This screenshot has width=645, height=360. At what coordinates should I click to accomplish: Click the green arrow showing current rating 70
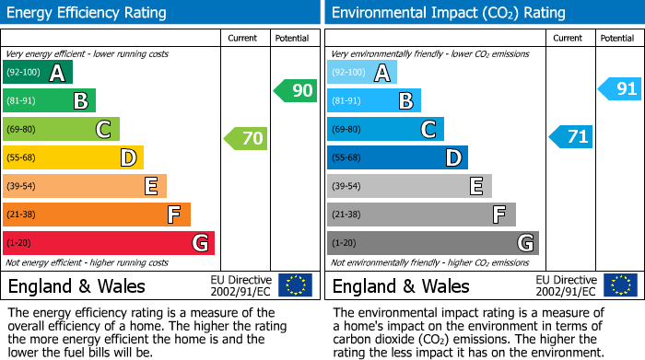[x=246, y=139]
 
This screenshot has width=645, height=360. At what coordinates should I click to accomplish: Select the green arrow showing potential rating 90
[x=295, y=91]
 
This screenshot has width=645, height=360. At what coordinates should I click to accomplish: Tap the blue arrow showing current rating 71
[x=570, y=137]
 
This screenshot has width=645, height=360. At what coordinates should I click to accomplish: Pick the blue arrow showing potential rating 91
[x=619, y=89]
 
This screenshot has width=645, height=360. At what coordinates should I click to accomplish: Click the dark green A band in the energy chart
[x=38, y=73]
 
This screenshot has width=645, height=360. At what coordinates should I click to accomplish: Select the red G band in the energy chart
[x=109, y=243]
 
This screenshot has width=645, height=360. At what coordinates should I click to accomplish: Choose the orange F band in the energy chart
[x=97, y=215]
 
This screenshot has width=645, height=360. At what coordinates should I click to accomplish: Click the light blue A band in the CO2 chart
[x=362, y=73]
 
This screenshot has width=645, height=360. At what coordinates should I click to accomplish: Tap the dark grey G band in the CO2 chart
[x=432, y=243]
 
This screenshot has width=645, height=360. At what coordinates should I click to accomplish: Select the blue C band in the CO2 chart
[x=385, y=129]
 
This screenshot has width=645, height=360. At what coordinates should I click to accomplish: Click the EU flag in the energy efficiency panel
[x=295, y=285]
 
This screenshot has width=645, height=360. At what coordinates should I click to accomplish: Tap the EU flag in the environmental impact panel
[x=619, y=285]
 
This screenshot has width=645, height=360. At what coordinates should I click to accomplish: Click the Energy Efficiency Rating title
[x=88, y=13]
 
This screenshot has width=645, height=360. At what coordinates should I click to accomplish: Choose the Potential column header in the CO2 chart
[x=616, y=38]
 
